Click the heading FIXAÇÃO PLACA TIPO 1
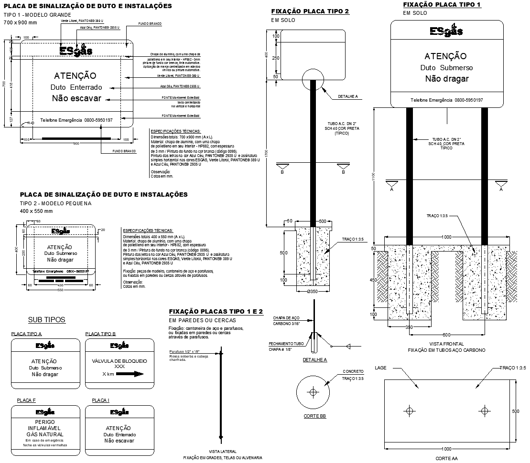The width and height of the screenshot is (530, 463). coord(442,4)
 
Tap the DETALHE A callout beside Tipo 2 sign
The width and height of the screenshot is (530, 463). coord(347,96)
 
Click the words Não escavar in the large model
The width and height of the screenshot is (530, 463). coord(76,98)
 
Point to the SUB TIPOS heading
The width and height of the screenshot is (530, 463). coord(46,320)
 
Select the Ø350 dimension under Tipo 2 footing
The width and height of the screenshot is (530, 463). coord(313,291)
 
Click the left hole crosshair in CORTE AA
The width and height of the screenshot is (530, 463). coord(410,410)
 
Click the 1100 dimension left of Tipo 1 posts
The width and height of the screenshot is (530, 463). coord(374,177)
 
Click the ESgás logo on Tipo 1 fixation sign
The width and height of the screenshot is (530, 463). coord(446,32)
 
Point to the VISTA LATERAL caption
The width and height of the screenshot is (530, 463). coord(223,452)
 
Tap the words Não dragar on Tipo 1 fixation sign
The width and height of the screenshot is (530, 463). coord(447,79)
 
